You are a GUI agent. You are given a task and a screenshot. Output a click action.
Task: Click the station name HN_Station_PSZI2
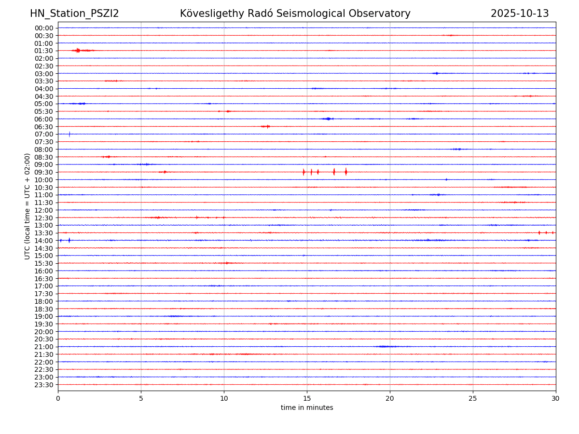(x=74, y=14)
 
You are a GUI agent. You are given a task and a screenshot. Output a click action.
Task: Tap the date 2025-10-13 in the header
(x=520, y=14)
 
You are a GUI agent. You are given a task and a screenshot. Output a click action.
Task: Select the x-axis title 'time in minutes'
(x=307, y=408)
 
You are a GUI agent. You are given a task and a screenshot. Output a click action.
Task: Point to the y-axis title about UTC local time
(x=28, y=206)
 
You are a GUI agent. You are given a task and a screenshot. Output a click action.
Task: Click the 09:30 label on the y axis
(x=44, y=172)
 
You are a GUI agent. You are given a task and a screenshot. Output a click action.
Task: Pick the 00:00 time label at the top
(x=44, y=28)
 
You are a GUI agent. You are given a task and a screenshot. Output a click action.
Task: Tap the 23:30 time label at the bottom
(x=44, y=385)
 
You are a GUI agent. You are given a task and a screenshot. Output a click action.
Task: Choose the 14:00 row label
(x=44, y=241)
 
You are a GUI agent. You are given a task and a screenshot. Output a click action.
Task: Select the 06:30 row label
(x=44, y=126)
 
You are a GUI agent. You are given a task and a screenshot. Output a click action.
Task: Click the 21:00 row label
(x=44, y=347)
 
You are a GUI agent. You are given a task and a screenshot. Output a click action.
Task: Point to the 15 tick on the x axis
(x=307, y=399)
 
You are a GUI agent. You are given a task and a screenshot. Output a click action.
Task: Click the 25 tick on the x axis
(x=473, y=399)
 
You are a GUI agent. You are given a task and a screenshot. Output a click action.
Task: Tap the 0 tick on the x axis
(x=58, y=399)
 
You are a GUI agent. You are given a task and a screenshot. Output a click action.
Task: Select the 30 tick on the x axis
(x=556, y=399)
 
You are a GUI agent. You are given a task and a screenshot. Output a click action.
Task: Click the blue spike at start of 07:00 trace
(x=69, y=134)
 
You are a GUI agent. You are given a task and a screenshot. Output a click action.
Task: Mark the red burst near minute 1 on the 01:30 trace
(x=78, y=50)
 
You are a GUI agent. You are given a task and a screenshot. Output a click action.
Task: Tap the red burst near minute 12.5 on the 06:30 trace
(x=266, y=126)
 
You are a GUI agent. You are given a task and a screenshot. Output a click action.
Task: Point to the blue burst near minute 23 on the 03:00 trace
(x=436, y=73)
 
